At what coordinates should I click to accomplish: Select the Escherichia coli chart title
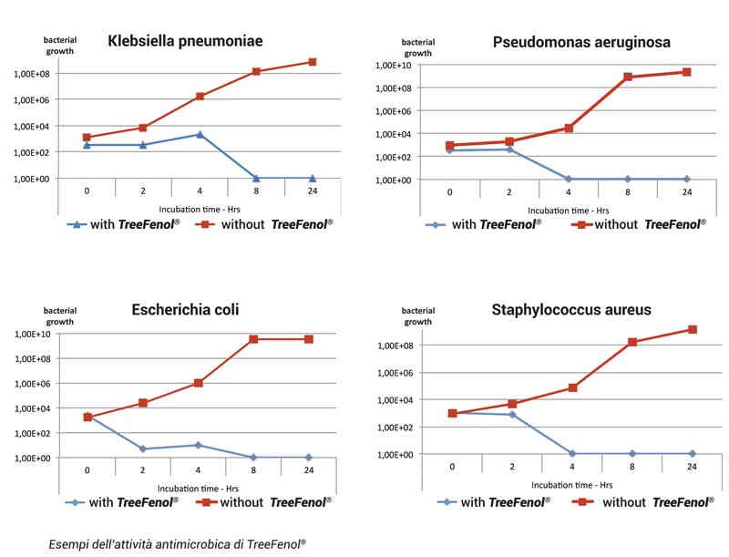pos(185,310)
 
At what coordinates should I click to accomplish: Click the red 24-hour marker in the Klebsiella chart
pos(313,62)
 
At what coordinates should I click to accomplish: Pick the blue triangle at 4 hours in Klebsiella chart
pos(200,134)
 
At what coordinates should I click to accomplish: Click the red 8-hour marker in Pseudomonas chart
pos(628,77)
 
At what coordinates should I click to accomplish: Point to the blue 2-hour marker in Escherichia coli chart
pos(143,449)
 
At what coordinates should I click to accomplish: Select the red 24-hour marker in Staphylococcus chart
pos(693,329)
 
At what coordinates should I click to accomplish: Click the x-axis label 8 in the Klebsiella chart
pos(256,191)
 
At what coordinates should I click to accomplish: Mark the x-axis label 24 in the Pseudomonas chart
pos(687,192)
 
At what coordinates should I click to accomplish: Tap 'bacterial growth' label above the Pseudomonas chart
pos(418,47)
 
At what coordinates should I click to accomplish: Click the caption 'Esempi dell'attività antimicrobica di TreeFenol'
pos(178,543)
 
